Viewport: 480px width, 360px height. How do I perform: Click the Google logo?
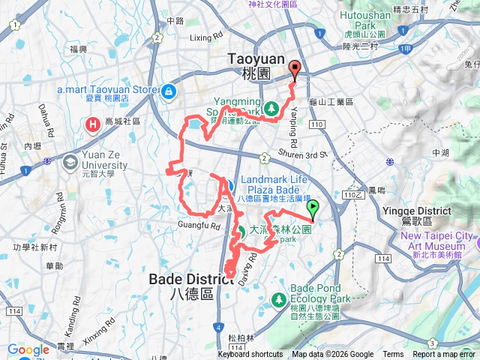[x=28, y=349]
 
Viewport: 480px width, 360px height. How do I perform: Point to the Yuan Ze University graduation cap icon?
[x=70, y=161]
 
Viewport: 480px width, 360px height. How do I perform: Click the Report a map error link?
[x=444, y=355]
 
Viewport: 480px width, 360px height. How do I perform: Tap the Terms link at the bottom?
[x=393, y=355]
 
